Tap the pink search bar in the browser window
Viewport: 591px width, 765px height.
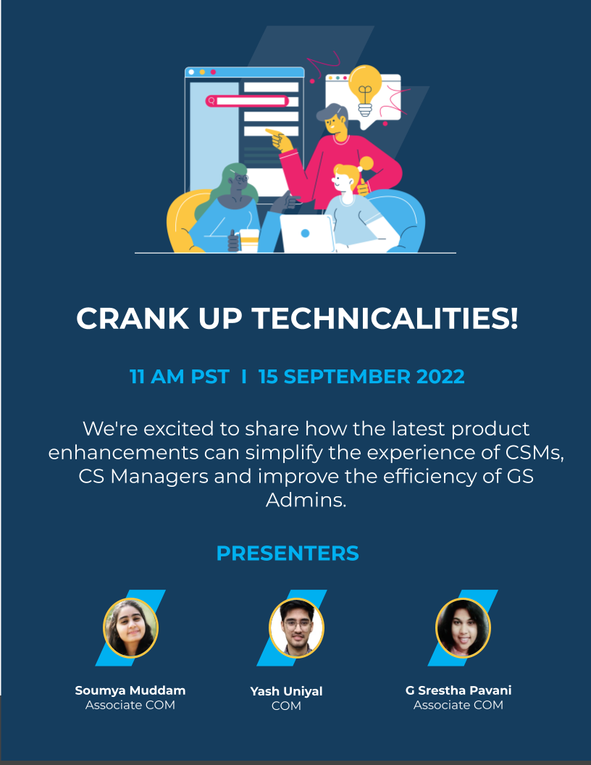click(x=247, y=101)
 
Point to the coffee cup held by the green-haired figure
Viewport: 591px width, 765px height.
click(x=248, y=241)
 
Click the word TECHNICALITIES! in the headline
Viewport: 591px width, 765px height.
click(x=385, y=318)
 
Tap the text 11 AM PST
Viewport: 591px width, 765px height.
click(x=179, y=377)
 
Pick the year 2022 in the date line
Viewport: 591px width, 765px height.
click(x=440, y=377)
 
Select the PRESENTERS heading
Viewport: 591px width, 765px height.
click(x=288, y=553)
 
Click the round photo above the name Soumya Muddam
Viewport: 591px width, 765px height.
click(x=130, y=628)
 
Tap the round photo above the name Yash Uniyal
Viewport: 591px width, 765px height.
click(x=296, y=628)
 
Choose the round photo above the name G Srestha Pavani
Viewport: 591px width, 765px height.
click(x=463, y=628)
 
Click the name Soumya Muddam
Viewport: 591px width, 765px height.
click(x=130, y=690)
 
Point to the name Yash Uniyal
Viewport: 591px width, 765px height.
click(x=286, y=691)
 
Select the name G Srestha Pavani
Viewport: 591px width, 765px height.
click(x=458, y=690)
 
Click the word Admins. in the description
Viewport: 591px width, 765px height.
click(x=306, y=500)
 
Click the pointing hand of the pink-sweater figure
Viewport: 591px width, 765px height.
click(x=279, y=139)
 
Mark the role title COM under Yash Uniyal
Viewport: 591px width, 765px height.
click(x=286, y=706)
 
